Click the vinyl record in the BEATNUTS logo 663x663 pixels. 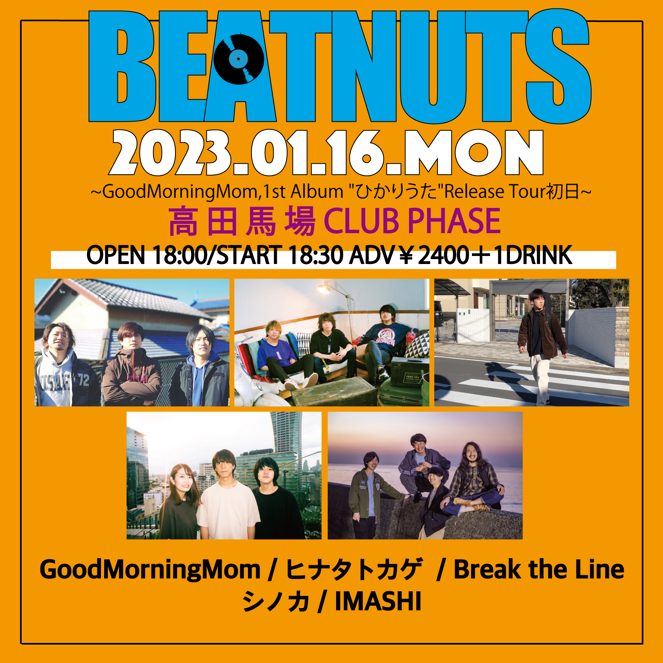239,59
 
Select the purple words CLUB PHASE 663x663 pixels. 412,221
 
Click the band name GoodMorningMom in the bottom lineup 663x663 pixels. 150,570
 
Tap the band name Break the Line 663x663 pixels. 539,569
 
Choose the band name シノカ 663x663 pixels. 276,601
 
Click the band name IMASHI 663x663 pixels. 378,601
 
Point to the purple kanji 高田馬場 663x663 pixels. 242,221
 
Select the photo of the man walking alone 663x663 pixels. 532,343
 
